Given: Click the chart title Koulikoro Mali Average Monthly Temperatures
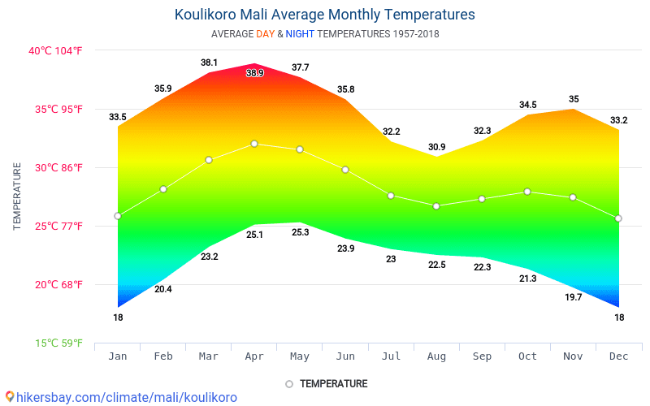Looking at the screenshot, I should (325, 15).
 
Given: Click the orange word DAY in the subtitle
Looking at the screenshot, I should (265, 34).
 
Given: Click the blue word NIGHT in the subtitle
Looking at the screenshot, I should (300, 34).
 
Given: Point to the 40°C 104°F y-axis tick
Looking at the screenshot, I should (56, 50).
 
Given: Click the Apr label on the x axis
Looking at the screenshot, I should (254, 356).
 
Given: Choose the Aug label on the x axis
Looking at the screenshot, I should (436, 356).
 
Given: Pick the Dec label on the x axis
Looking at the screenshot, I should (618, 356).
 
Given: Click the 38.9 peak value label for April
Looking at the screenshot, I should (254, 73).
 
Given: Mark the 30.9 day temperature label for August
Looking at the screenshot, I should (436, 147).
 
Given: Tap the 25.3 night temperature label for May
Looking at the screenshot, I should (300, 232).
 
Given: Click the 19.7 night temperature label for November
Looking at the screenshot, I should (573, 297).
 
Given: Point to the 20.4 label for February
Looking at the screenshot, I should (163, 289).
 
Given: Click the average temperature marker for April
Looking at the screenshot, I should (254, 144).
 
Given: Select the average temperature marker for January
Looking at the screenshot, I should (118, 216).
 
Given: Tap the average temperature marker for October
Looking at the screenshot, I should (527, 192).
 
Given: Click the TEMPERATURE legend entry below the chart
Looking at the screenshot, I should (333, 383).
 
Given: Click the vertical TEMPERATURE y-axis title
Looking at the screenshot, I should (17, 197).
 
